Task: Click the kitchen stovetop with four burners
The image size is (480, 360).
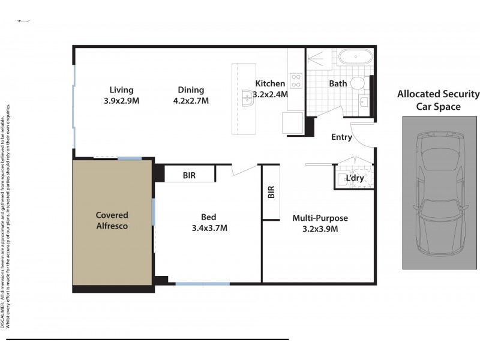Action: [x=296, y=80]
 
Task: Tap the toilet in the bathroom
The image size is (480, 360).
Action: [x=359, y=83]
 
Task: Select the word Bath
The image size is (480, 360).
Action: [x=338, y=84]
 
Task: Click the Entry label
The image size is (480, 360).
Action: [x=341, y=137]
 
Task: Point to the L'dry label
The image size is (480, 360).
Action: [x=355, y=178]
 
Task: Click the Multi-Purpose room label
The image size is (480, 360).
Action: [x=320, y=218]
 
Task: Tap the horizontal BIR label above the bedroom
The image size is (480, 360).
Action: [x=190, y=176]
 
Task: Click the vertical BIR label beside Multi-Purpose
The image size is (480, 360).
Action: [x=271, y=192]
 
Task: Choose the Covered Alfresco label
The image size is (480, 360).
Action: [x=112, y=221]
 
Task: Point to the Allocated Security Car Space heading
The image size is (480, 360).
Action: [x=439, y=100]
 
